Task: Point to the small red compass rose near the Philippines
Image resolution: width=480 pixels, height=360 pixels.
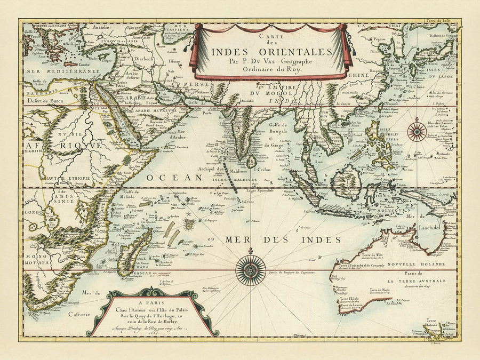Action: [416, 131]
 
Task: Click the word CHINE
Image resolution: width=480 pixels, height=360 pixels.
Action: [358, 75]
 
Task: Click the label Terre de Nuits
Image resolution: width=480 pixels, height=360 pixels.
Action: [382, 289]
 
